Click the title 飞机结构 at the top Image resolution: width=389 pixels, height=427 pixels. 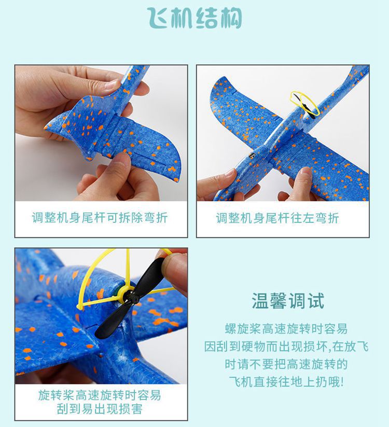[195, 18]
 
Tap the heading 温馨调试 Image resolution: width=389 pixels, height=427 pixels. [287, 301]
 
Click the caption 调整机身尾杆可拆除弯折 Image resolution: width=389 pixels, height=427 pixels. [100, 218]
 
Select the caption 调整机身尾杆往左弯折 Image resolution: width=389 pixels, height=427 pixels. [277, 218]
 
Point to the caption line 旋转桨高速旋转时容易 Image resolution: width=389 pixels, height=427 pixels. [100, 395]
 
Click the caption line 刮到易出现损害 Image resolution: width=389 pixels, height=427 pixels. [100, 409]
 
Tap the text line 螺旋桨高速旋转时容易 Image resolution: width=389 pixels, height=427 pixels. [286, 329]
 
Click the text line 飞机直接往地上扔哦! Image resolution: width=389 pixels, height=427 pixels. [286, 381]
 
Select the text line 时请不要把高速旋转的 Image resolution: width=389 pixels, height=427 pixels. [286, 364]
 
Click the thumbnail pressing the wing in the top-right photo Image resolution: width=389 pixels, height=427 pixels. [305, 172]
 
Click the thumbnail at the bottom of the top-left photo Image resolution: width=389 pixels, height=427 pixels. [121, 159]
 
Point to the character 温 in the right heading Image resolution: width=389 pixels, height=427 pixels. [260, 301]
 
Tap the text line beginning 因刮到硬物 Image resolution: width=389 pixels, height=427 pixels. [286, 346]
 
